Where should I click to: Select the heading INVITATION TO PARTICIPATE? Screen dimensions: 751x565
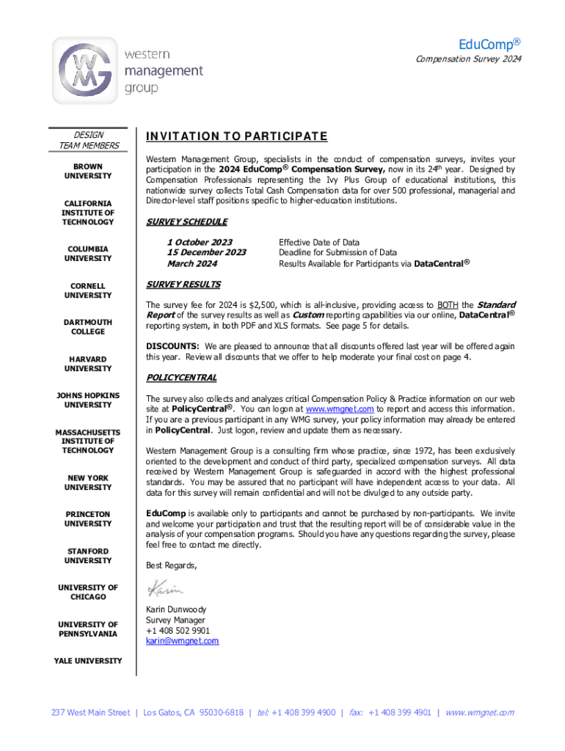(236, 137)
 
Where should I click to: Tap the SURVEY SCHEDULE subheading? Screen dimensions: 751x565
(186, 221)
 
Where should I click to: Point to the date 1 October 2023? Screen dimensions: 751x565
(200, 242)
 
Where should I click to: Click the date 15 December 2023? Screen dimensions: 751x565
(207, 253)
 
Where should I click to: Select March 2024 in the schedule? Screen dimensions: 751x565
(192, 264)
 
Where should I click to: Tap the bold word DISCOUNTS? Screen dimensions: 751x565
(172, 346)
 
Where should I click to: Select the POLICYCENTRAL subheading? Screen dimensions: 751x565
(181, 378)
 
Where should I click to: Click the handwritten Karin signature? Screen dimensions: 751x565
(165, 588)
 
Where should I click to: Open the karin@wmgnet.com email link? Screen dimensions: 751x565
(182, 641)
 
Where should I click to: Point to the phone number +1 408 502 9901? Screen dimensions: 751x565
(178, 631)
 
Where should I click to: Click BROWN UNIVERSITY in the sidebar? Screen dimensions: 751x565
(88, 171)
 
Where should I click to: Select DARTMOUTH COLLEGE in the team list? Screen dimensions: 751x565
(88, 327)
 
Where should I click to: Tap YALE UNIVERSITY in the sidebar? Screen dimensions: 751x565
(88, 661)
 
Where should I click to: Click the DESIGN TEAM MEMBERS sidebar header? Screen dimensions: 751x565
(88, 140)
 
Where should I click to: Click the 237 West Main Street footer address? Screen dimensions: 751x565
(90, 712)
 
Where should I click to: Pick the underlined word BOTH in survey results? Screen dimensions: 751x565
(448, 305)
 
